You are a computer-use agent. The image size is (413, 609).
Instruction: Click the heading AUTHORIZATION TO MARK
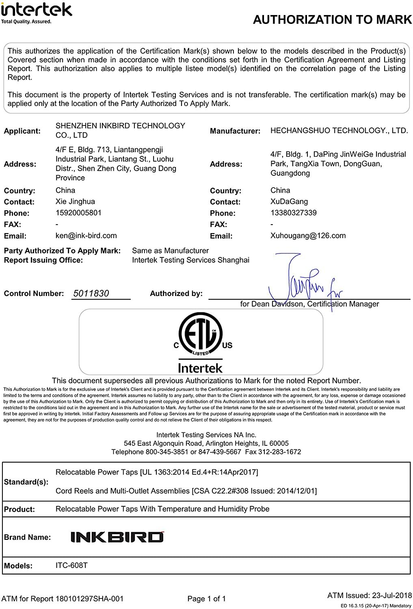pyautogui.click(x=332, y=19)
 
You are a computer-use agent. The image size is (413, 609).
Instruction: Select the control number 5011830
pyautogui.click(x=91, y=294)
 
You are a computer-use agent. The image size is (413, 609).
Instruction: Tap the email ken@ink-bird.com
pyautogui.click(x=86, y=235)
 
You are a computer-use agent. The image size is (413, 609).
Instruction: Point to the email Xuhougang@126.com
pyautogui.click(x=308, y=235)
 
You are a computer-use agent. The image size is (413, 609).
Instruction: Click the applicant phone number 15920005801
pyautogui.click(x=78, y=213)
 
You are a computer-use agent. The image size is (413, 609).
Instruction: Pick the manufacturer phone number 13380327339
pyautogui.click(x=293, y=213)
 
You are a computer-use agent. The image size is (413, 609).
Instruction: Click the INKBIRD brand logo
pyautogui.click(x=117, y=537)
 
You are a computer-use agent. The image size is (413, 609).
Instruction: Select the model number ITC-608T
pyautogui.click(x=71, y=565)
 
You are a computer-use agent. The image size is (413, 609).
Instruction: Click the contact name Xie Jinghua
pyautogui.click(x=75, y=201)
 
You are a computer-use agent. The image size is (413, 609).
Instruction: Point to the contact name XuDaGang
pyautogui.click(x=289, y=201)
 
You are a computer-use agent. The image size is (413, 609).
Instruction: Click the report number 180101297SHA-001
pyautogui.click(x=89, y=598)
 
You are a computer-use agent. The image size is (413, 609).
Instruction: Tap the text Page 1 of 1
pyautogui.click(x=207, y=598)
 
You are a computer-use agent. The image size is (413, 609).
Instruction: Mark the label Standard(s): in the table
pyautogui.click(x=26, y=482)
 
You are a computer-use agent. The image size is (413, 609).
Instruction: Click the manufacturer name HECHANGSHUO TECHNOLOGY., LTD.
pyautogui.click(x=339, y=130)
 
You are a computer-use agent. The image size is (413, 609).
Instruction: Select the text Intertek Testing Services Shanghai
pyautogui.click(x=190, y=260)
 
